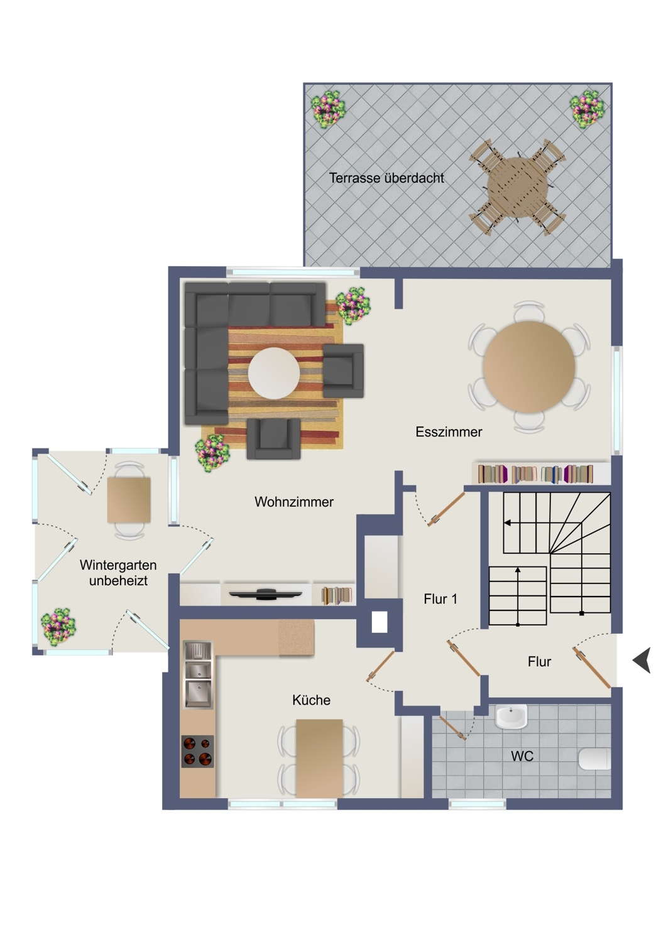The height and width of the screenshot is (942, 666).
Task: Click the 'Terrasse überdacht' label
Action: (386, 178)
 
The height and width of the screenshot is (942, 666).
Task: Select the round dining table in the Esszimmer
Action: (529, 367)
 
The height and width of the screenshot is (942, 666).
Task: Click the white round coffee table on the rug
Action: (274, 373)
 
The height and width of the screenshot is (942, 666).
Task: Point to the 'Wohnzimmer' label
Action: (294, 502)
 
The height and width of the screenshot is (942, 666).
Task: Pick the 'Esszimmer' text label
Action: (449, 432)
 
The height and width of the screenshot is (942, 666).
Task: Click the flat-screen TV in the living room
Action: (266, 594)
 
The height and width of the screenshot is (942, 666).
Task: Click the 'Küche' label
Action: (312, 700)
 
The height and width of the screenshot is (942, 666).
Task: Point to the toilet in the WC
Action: (594, 758)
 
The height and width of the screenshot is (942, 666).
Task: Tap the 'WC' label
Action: (522, 756)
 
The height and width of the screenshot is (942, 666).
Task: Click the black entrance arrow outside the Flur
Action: (642, 660)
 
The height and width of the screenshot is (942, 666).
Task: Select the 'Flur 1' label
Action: (440, 599)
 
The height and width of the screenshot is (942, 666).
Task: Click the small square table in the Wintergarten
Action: (129, 500)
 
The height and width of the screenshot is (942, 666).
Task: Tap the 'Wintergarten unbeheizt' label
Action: (118, 573)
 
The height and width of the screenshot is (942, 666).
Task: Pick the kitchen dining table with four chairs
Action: (319, 758)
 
